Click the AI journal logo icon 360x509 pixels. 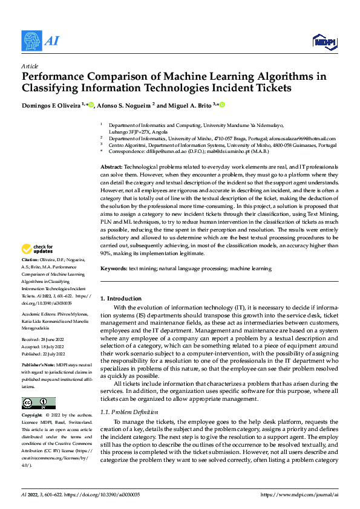(x=31, y=41)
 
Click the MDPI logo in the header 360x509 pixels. (x=325, y=41)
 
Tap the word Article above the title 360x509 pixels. (x=30, y=66)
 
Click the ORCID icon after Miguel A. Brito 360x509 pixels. (x=222, y=105)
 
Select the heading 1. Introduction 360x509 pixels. (x=121, y=299)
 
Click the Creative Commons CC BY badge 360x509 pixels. (x=38, y=403)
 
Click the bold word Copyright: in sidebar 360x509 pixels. (x=34, y=416)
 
